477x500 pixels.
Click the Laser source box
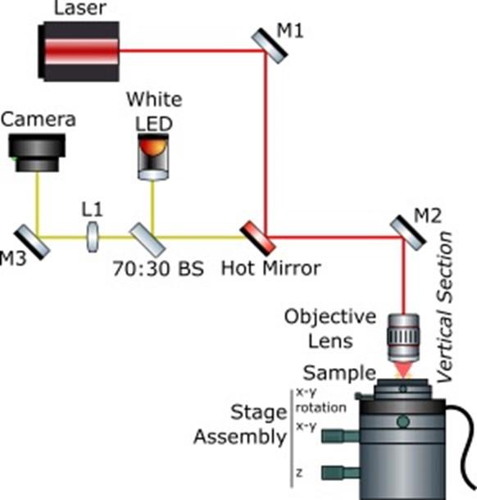click(79, 51)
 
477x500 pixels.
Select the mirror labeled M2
click(407, 229)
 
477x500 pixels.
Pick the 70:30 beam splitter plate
click(148, 238)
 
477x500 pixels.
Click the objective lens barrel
click(403, 338)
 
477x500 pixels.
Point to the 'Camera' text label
click(39, 120)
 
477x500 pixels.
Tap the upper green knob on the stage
click(334, 436)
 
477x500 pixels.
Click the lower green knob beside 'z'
click(334, 473)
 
